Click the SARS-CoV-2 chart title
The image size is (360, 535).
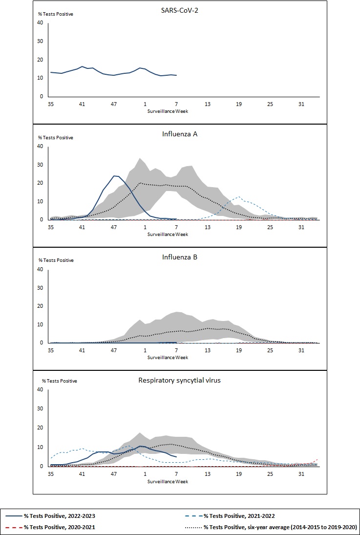180,9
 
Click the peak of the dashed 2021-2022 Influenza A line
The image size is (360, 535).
238,197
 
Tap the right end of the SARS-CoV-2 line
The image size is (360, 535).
176,75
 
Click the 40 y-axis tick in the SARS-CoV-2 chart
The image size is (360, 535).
41,22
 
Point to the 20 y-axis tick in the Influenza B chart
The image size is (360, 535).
41,306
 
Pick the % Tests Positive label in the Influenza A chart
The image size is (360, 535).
56,138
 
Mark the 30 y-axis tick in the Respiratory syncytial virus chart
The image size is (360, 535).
41,408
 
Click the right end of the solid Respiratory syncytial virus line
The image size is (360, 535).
176,457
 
